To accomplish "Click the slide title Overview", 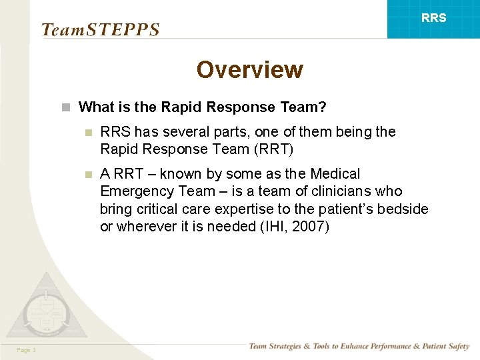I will click(249, 69).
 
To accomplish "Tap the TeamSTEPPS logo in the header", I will click(100, 30).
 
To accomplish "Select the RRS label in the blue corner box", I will click(433, 18).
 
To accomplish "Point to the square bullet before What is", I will click(65, 107).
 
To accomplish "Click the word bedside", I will click(403, 209).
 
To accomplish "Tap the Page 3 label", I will click(27, 351).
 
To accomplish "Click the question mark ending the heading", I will click(322, 107).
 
